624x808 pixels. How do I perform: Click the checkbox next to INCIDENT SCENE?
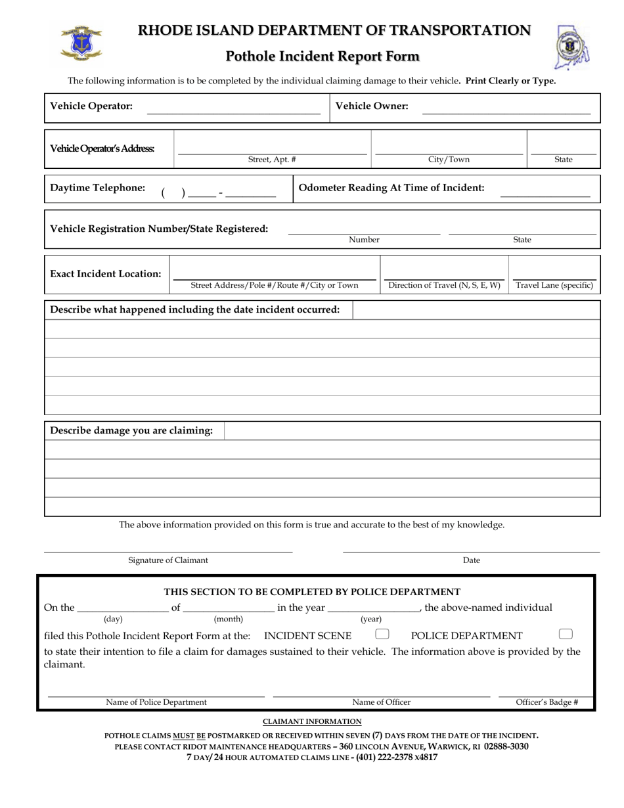[382, 634]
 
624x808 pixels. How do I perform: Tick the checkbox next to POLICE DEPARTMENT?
[566, 634]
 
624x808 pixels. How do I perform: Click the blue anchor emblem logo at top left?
[81, 45]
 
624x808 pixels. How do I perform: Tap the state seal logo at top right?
[573, 48]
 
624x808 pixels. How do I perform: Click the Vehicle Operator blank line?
[234, 113]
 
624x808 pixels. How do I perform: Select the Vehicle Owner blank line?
[506, 113]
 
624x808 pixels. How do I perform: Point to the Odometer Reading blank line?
[545, 195]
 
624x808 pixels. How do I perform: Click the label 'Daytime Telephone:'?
[98, 188]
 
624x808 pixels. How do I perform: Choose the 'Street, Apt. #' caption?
[272, 160]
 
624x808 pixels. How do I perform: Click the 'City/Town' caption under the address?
[449, 160]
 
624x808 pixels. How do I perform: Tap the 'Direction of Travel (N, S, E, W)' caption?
[444, 285]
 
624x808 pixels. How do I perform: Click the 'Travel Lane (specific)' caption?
[554, 285]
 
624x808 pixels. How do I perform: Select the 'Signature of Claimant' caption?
[168, 560]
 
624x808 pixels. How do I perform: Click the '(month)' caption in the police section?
[229, 619]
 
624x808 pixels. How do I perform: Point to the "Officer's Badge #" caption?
[547, 702]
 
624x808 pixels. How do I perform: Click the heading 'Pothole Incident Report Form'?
[323, 56]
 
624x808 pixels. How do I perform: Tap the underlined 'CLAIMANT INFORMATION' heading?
[312, 722]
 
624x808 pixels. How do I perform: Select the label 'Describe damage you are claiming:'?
[131, 431]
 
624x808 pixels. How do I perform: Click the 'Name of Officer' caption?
[382, 702]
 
